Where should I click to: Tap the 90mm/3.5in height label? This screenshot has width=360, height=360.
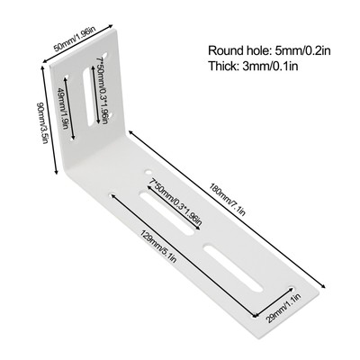tap(41, 123)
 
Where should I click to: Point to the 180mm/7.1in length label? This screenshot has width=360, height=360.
tap(228, 200)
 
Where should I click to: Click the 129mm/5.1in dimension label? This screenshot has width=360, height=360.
tap(157, 247)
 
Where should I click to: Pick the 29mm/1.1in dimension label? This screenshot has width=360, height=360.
tap(284, 309)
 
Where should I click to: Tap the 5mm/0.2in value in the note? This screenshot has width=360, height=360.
tap(303, 50)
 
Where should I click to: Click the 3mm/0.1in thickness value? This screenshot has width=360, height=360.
tap(270, 66)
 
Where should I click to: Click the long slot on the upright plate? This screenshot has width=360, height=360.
tap(89, 96)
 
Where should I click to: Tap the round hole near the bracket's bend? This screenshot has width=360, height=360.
tap(148, 172)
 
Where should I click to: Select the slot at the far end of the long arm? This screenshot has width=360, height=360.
tap(233, 268)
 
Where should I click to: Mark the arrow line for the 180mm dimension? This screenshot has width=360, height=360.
tap(227, 209)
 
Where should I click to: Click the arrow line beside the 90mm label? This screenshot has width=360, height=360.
tap(49, 120)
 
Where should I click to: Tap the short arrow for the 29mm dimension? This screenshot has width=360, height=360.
tap(273, 301)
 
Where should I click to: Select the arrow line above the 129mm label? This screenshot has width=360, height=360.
tap(183, 255)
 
